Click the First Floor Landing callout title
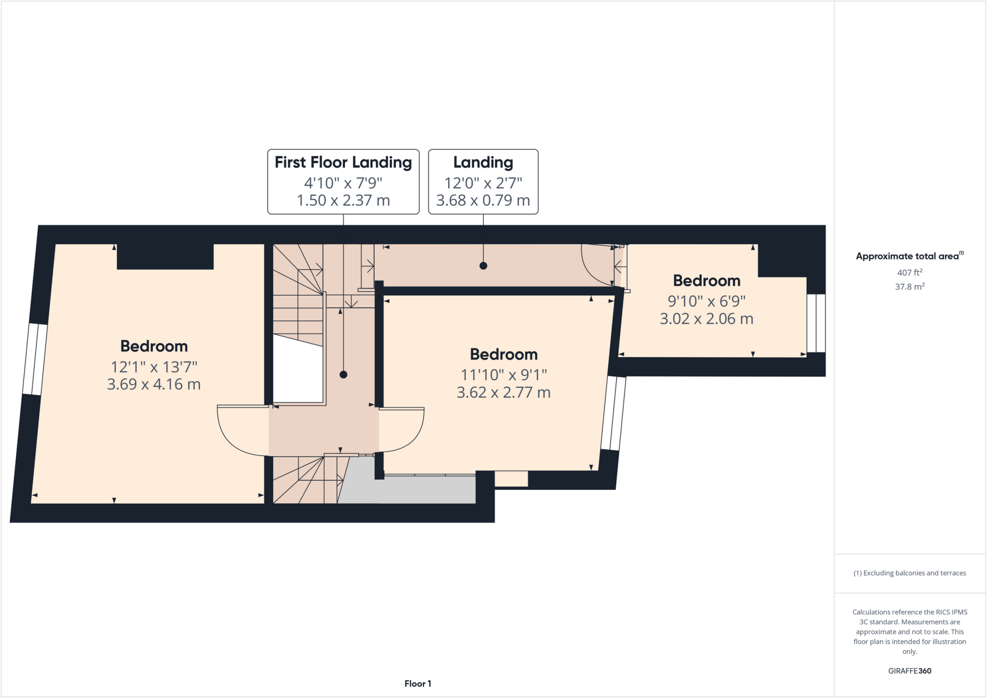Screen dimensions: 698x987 (343, 162)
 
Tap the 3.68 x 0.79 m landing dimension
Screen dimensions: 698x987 (483, 200)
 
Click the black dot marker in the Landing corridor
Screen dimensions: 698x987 (483, 266)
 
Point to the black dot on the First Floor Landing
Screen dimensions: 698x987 (343, 374)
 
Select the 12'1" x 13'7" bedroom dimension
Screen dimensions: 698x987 (154, 367)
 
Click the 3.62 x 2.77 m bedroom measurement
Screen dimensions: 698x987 (503, 393)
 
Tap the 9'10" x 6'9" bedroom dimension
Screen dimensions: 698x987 (706, 301)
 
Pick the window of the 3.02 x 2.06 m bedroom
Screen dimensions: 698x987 (816, 323)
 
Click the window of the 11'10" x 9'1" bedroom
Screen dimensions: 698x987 (614, 413)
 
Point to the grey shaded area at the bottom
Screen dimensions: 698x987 (410, 490)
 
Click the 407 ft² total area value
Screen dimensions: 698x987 (909, 273)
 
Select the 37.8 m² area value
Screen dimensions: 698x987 (909, 287)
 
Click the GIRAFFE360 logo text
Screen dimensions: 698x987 (909, 671)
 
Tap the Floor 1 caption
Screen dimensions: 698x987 (417, 684)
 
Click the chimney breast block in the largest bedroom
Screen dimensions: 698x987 (165, 257)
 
